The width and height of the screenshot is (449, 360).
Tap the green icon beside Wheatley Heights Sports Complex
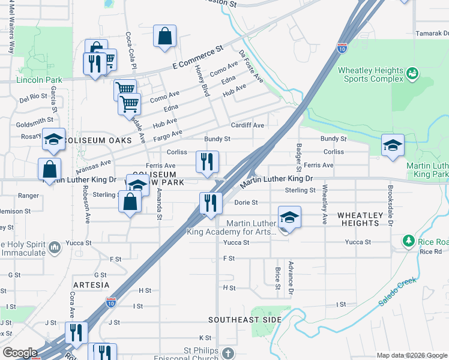coord(412,74)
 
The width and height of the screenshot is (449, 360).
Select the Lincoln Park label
coord(40,80)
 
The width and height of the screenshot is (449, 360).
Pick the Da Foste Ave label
coord(251,66)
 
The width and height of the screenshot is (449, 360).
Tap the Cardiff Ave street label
coord(248,125)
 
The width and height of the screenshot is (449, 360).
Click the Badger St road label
coord(298,156)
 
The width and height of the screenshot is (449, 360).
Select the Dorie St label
coord(246,203)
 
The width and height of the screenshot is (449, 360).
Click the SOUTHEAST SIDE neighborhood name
coord(245,320)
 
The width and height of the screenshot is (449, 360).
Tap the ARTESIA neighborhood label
coord(91,284)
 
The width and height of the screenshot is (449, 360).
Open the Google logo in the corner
coord(20,353)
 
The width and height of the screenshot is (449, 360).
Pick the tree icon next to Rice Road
coord(409,241)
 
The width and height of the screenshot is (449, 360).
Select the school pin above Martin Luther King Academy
coord(289,217)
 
